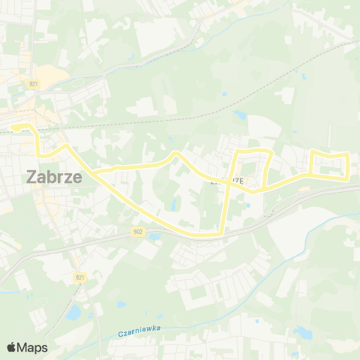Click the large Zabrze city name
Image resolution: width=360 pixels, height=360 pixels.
pyautogui.click(x=54, y=177)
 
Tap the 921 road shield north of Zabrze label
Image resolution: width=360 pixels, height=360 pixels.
pyautogui.click(x=34, y=84)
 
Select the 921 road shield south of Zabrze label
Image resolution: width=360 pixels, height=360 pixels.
pyautogui.click(x=79, y=277)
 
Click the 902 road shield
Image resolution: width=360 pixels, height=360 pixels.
pyautogui.click(x=136, y=232)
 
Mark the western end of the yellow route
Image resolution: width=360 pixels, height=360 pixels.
pyautogui.click(x=13, y=127)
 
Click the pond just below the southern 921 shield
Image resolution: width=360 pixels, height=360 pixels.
pyautogui.click(x=74, y=311)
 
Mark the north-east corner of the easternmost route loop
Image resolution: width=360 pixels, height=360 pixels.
pyautogui.click(x=348, y=154)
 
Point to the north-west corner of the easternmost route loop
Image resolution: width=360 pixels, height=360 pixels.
pyautogui.click(x=313, y=153)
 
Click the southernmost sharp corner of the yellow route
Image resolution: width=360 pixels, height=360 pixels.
pyautogui.click(x=223, y=235)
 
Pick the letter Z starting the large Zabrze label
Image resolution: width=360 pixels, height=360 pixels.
pyautogui.click(x=31, y=177)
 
